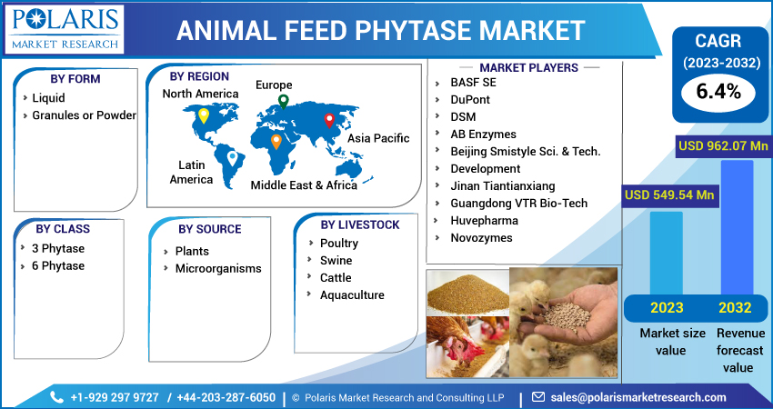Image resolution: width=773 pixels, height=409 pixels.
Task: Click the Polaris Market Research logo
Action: [x=64, y=27]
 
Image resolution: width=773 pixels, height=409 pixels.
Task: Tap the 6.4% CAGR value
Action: [x=718, y=91]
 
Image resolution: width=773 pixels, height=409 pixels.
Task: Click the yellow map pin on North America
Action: [x=204, y=115]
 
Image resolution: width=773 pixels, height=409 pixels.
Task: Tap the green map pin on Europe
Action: [x=284, y=101]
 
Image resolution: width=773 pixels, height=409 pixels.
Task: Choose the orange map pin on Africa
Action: [x=276, y=142]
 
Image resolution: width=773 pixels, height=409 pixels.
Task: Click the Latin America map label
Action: [x=191, y=172]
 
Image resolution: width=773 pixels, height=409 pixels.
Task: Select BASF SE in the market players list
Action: [x=473, y=82]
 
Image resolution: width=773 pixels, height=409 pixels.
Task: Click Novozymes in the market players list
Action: [x=481, y=237]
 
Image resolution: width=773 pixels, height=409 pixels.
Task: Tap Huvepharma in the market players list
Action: [x=484, y=220]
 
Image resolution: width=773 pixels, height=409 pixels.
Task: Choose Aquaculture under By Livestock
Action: [x=352, y=294]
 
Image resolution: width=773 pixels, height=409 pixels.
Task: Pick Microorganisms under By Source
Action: [x=218, y=268]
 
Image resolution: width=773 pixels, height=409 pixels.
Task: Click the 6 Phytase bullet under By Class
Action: [x=58, y=265]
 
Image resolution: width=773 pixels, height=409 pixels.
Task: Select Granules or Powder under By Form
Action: [x=84, y=115]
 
